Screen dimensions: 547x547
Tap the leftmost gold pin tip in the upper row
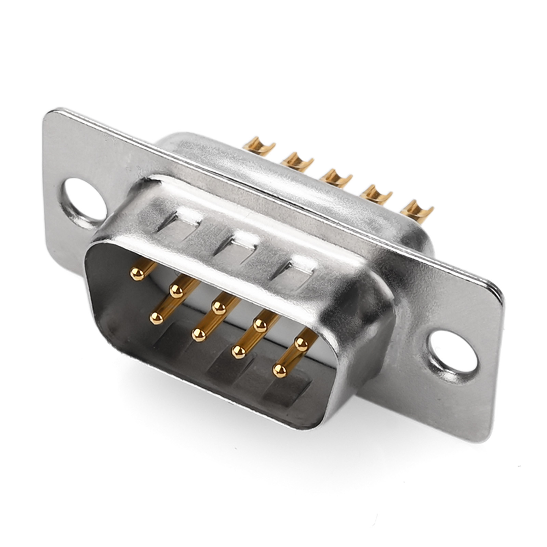click(x=137, y=274)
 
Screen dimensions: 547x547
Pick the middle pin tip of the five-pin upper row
click(x=218, y=308)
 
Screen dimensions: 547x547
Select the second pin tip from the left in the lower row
click(x=199, y=334)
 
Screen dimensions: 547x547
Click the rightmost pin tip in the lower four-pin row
click(x=280, y=371)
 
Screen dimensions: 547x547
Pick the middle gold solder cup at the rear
click(x=336, y=176)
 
